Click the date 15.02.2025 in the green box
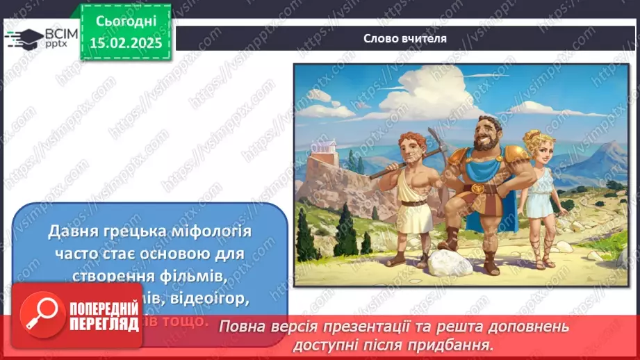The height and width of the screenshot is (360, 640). tap(126, 43)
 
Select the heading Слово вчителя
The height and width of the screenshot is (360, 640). tap(405, 38)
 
